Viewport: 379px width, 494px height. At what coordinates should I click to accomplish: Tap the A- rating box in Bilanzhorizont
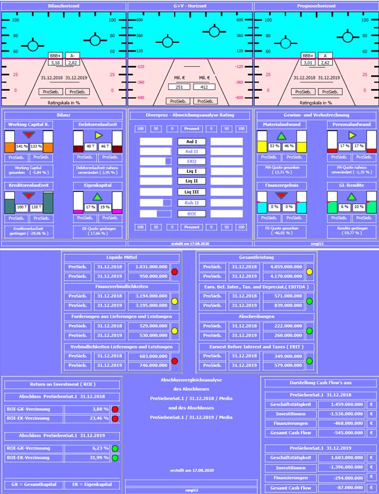point(72,55)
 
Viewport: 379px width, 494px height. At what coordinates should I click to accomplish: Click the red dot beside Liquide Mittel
point(175,272)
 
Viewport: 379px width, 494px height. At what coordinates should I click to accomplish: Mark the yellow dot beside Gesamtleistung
point(309,272)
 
